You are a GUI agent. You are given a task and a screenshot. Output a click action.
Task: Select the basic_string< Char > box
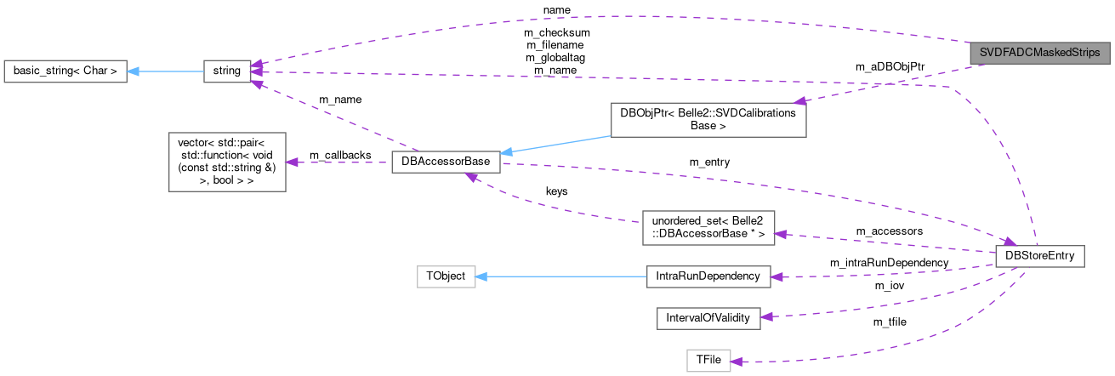(65, 72)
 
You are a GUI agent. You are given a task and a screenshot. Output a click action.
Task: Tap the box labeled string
(227, 72)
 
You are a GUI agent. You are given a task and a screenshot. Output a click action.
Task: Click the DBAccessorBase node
(445, 162)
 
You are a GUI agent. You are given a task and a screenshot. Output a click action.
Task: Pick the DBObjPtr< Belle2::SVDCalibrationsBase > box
(708, 120)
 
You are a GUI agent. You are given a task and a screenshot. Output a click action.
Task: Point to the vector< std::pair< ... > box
(227, 162)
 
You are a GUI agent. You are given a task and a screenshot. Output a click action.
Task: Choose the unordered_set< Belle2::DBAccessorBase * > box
(708, 228)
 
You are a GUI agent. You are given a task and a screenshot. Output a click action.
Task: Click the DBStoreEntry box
(1039, 255)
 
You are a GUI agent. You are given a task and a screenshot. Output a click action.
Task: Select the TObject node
(446, 276)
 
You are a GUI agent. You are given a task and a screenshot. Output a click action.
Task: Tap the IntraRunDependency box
(708, 276)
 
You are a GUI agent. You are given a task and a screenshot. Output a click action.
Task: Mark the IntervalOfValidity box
(708, 318)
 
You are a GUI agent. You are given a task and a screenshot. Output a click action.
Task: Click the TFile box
(708, 360)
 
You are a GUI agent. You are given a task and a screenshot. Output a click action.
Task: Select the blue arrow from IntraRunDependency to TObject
(560, 276)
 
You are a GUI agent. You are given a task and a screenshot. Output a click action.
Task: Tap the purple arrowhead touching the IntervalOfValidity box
(766, 316)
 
